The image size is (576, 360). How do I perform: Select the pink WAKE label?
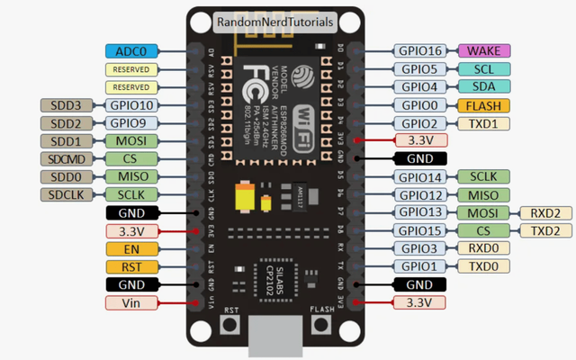(484, 51)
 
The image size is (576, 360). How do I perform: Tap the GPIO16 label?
(421, 51)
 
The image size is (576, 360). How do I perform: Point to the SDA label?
(484, 87)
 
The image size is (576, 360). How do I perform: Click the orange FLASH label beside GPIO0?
(484, 105)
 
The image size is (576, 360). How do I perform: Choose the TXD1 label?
(484, 123)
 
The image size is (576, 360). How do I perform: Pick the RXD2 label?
(544, 212)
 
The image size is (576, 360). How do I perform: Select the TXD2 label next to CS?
(544, 230)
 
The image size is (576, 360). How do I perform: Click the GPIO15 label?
(421, 230)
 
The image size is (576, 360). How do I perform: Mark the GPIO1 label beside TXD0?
(421, 266)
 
